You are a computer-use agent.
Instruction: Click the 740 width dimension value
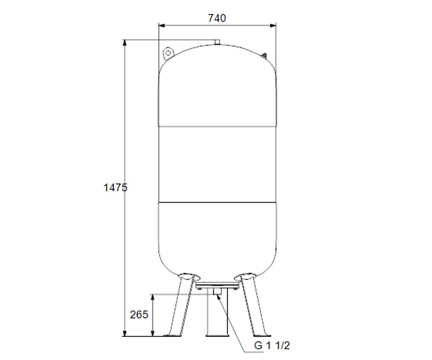tap(217, 18)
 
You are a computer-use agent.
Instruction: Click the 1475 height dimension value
tap(115, 188)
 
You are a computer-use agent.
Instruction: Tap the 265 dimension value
tap(139, 315)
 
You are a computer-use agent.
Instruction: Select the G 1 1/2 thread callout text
tap(272, 346)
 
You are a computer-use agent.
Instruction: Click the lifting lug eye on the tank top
tap(168, 53)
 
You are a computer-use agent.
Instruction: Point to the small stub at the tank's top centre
tap(217, 42)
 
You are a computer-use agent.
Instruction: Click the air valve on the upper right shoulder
tap(264, 55)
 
